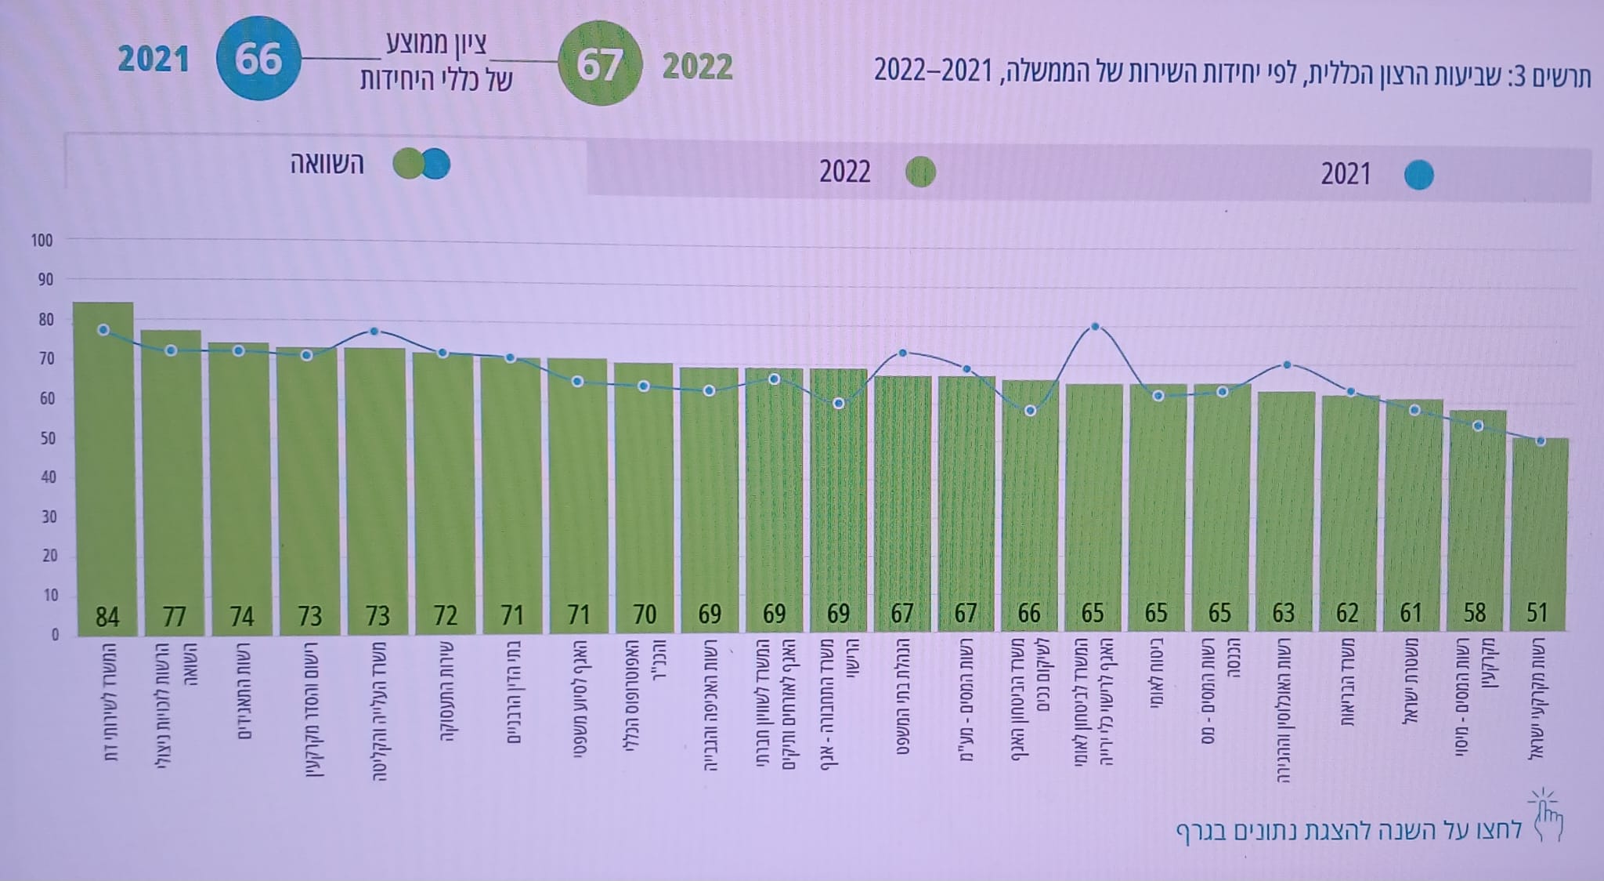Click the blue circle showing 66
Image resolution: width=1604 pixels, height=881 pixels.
click(258, 59)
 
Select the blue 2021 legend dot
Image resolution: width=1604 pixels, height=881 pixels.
click(1418, 175)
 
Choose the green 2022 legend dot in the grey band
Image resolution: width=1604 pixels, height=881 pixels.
click(920, 172)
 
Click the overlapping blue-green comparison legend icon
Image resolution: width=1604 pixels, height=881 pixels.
click(422, 164)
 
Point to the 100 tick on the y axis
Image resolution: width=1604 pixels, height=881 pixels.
click(42, 241)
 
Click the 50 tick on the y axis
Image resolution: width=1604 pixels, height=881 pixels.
click(45, 438)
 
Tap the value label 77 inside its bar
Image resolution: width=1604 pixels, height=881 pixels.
click(174, 616)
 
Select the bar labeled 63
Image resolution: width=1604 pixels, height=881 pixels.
click(1286, 509)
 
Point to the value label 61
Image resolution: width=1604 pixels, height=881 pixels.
click(1411, 613)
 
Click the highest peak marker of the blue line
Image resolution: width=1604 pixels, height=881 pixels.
click(1095, 327)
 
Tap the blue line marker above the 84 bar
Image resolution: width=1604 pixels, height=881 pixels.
click(103, 330)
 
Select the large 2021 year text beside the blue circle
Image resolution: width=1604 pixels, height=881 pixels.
click(154, 60)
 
